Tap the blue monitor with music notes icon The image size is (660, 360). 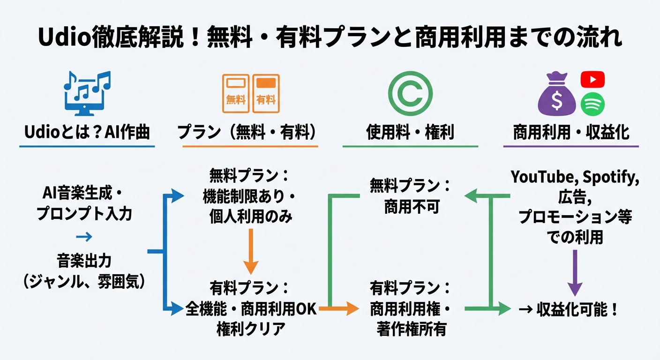[87, 94]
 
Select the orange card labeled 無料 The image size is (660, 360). [236, 93]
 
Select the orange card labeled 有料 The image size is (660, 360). [266, 93]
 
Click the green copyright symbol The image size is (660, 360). [410, 93]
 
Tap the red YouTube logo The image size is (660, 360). [592, 80]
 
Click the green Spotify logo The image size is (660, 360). [592, 105]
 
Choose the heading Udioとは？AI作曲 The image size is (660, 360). [87, 133]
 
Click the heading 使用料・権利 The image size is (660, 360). [410, 133]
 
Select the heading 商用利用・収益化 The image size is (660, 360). [571, 133]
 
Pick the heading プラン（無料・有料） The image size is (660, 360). [247, 133]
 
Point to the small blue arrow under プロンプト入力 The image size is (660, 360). [84, 237]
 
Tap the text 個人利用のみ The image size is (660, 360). [251, 217]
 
